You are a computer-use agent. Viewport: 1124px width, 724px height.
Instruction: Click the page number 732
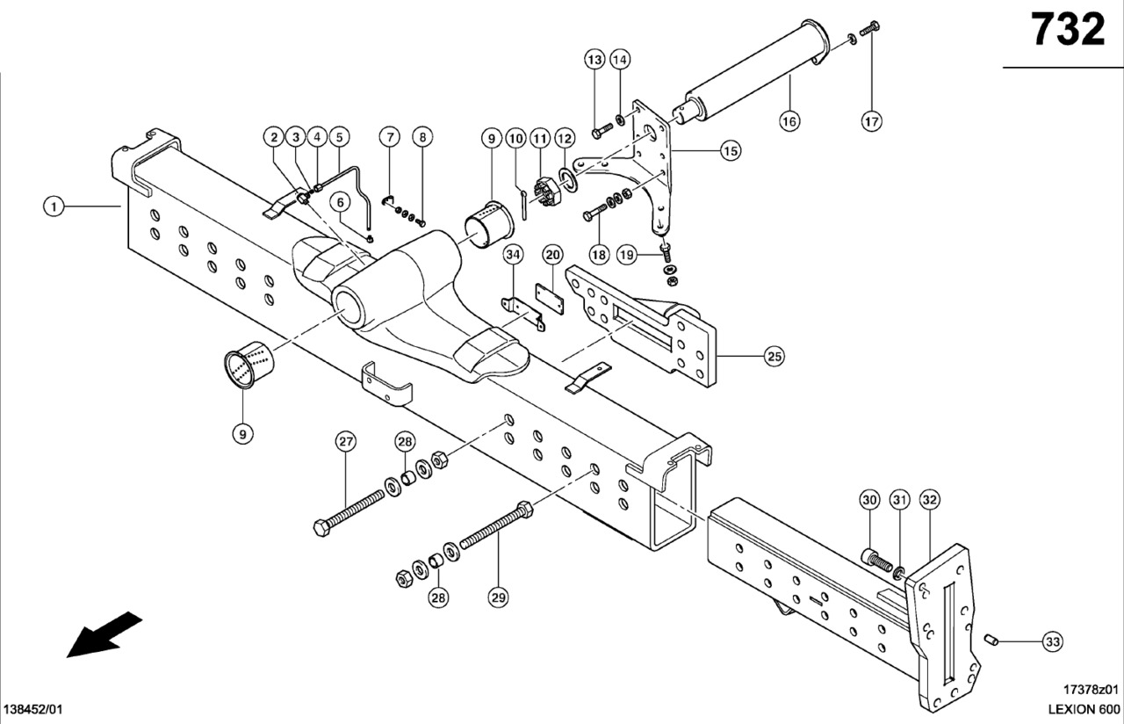[x=1068, y=31]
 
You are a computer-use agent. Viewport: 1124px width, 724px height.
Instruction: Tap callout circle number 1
[x=54, y=206]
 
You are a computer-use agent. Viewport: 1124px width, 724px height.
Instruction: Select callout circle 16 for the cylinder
[x=789, y=121]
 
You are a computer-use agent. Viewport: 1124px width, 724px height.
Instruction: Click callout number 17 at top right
[x=871, y=121]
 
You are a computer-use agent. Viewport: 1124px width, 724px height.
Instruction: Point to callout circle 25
[x=774, y=356]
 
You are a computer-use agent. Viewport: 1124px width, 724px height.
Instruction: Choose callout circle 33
[x=1052, y=642]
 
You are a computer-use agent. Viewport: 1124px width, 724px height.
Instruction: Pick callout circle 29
[x=498, y=597]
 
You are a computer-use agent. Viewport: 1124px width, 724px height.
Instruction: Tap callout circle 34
[x=513, y=255]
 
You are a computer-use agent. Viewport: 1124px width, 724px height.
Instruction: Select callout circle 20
[x=551, y=255]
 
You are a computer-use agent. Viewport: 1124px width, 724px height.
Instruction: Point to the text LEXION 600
[x=1084, y=709]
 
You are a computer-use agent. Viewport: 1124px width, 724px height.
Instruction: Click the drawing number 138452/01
[x=34, y=709]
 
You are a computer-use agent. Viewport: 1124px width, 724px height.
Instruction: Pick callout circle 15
[x=730, y=151]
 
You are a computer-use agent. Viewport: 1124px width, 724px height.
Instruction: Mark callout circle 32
[x=930, y=500]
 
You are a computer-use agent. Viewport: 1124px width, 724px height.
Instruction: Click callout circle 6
[x=339, y=201]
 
